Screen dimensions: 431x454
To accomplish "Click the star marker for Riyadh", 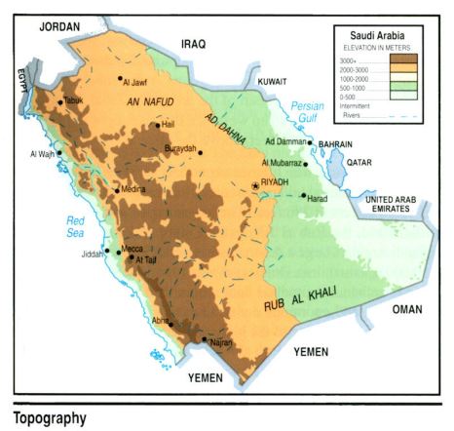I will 256,185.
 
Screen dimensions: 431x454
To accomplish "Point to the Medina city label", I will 132,189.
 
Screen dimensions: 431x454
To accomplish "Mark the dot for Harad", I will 303,196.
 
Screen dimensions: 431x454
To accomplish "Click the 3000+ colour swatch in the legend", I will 401,60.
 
